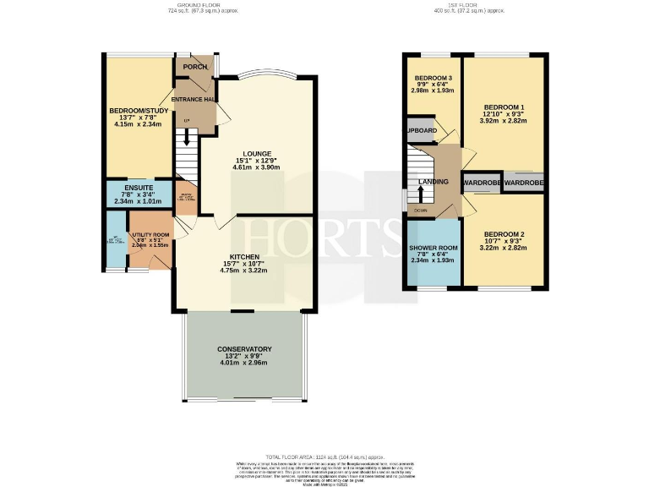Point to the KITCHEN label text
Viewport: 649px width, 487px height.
(243, 255)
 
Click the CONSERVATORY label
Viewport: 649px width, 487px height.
(243, 349)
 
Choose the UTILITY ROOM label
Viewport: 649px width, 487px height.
(150, 234)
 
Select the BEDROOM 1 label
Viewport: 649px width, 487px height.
(504, 107)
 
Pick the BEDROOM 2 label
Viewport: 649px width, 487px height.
(504, 233)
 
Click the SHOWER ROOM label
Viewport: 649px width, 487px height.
(432, 247)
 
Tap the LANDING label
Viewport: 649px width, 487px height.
(432, 181)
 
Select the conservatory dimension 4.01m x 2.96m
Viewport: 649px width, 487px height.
(243, 363)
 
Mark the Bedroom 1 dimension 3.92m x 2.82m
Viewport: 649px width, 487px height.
(504, 121)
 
